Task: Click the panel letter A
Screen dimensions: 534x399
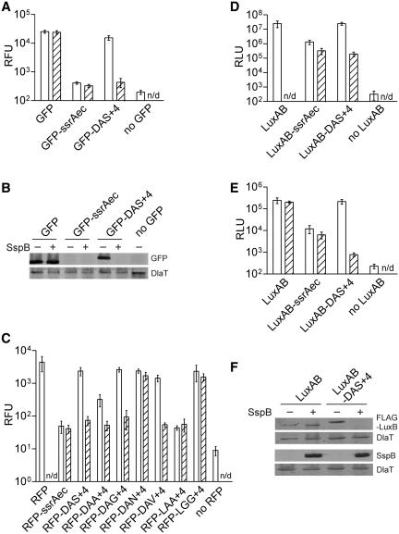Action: click(8, 8)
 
